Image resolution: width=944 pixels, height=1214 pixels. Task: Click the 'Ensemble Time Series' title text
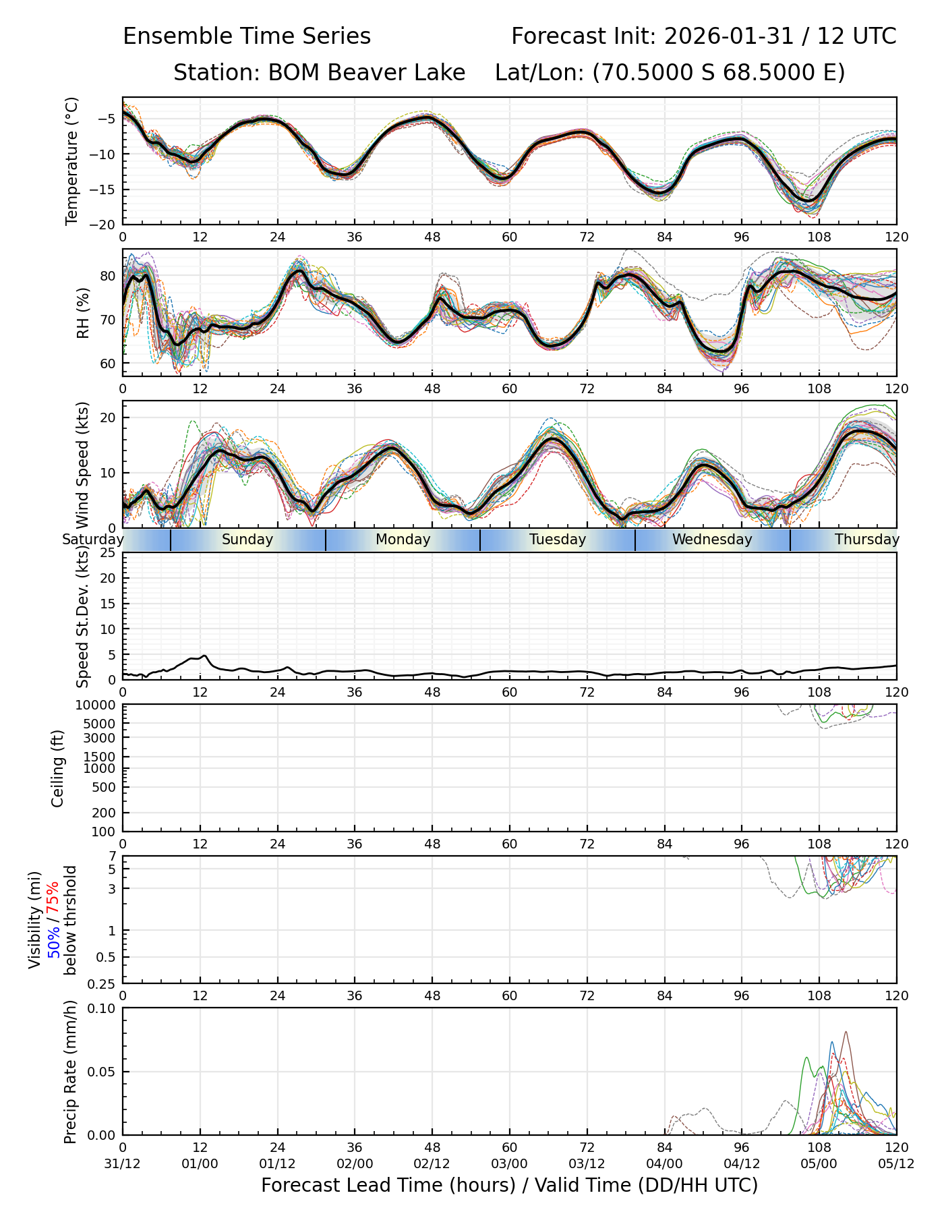pyautogui.click(x=247, y=36)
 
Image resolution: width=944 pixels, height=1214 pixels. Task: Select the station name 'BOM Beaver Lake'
pyautogui.click(x=366, y=73)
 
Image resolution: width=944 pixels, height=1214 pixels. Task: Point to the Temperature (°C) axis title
pyautogui.click(x=72, y=161)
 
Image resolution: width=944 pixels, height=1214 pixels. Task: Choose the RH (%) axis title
pyautogui.click(x=83, y=312)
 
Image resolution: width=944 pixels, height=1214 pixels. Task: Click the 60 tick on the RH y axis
pyautogui.click(x=107, y=364)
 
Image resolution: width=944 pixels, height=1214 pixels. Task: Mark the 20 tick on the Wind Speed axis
pyautogui.click(x=107, y=418)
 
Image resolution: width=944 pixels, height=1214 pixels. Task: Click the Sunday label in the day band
pyautogui.click(x=247, y=540)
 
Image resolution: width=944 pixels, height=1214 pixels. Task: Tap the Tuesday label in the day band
pyautogui.click(x=558, y=540)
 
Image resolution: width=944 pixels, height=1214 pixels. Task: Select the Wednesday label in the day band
pyautogui.click(x=712, y=540)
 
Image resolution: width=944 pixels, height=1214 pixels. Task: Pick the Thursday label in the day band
pyautogui.click(x=867, y=540)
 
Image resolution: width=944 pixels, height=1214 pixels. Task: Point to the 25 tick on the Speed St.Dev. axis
pyautogui.click(x=107, y=553)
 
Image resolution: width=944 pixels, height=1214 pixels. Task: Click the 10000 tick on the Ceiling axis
pyautogui.click(x=98, y=705)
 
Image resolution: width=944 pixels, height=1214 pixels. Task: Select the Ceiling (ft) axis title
pyautogui.click(x=58, y=768)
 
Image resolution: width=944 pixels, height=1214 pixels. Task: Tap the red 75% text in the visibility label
pyautogui.click(x=53, y=900)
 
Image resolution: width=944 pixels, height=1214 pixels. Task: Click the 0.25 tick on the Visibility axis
pyautogui.click(x=102, y=983)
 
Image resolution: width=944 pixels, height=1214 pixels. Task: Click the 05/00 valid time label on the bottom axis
pyautogui.click(x=819, y=1163)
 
